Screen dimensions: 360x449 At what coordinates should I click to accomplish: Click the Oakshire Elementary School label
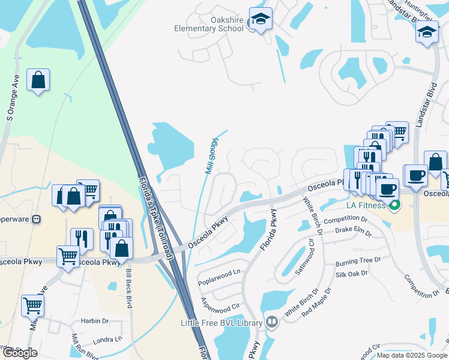[x=209, y=23]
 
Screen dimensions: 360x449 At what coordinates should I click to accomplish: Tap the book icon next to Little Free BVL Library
[x=271, y=323]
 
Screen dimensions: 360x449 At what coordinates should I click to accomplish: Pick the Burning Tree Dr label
[x=358, y=262]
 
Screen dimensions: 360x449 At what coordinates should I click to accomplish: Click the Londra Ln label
[x=109, y=339]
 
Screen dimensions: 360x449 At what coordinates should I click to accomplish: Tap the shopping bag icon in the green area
[x=38, y=80]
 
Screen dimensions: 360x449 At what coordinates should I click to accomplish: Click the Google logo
[x=19, y=353]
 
